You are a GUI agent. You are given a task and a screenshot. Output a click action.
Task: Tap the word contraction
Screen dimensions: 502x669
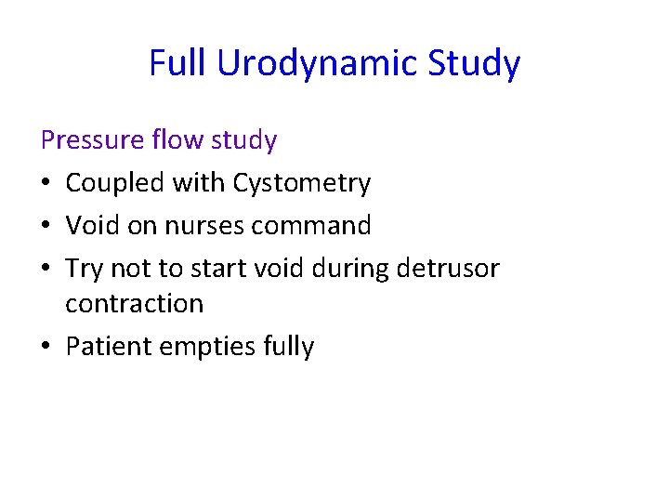[134, 303]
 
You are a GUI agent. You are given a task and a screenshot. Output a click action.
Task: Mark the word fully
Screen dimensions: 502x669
[289, 347]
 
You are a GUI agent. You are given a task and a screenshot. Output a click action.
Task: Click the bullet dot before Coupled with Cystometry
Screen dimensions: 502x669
[46, 184]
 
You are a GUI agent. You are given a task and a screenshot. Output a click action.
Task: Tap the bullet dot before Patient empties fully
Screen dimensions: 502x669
[46, 348]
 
